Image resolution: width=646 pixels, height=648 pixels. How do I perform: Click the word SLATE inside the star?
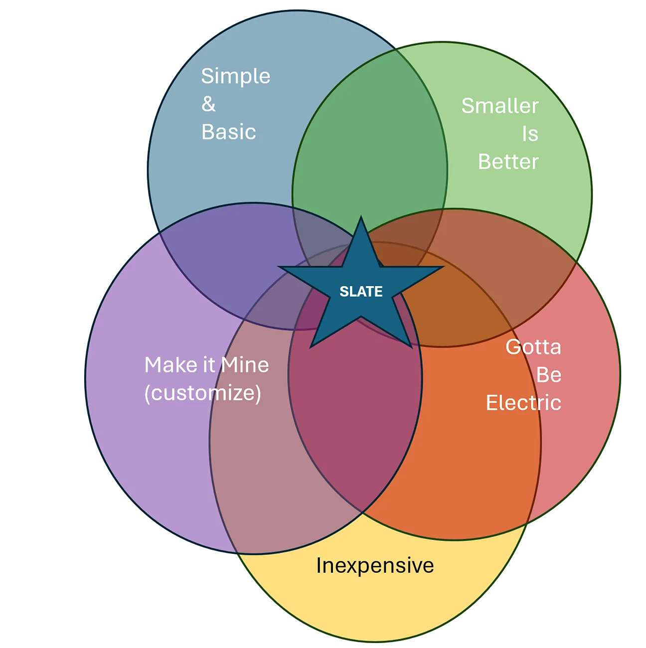361,292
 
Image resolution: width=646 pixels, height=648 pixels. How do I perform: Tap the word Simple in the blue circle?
236,77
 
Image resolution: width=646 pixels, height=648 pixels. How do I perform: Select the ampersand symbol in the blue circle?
208,104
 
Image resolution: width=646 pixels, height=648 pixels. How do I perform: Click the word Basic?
228,132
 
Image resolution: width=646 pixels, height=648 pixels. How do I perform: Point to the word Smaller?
499,106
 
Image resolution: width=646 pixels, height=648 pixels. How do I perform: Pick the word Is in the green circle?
530,134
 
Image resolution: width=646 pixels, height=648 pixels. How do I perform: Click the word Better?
508,162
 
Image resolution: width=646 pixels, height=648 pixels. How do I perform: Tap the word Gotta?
533,347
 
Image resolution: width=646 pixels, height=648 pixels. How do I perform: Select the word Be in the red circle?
548,375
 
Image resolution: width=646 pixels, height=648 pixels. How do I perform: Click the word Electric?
523,403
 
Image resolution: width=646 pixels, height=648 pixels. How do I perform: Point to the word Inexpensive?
375,566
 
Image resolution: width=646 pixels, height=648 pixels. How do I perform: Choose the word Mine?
245,365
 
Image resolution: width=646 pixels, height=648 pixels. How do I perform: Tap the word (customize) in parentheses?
202,393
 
